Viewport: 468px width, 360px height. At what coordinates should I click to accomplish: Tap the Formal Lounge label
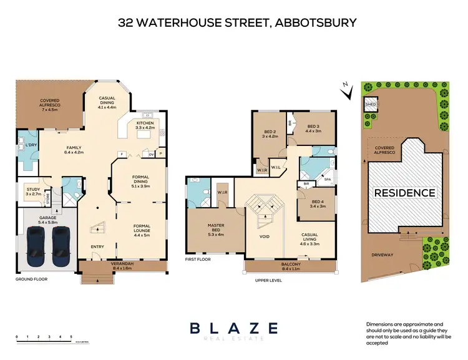pos(143,231)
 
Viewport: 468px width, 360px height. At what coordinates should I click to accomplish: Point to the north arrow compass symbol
pos(347,90)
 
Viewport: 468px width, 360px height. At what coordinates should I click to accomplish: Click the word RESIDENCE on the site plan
pos(404,193)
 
